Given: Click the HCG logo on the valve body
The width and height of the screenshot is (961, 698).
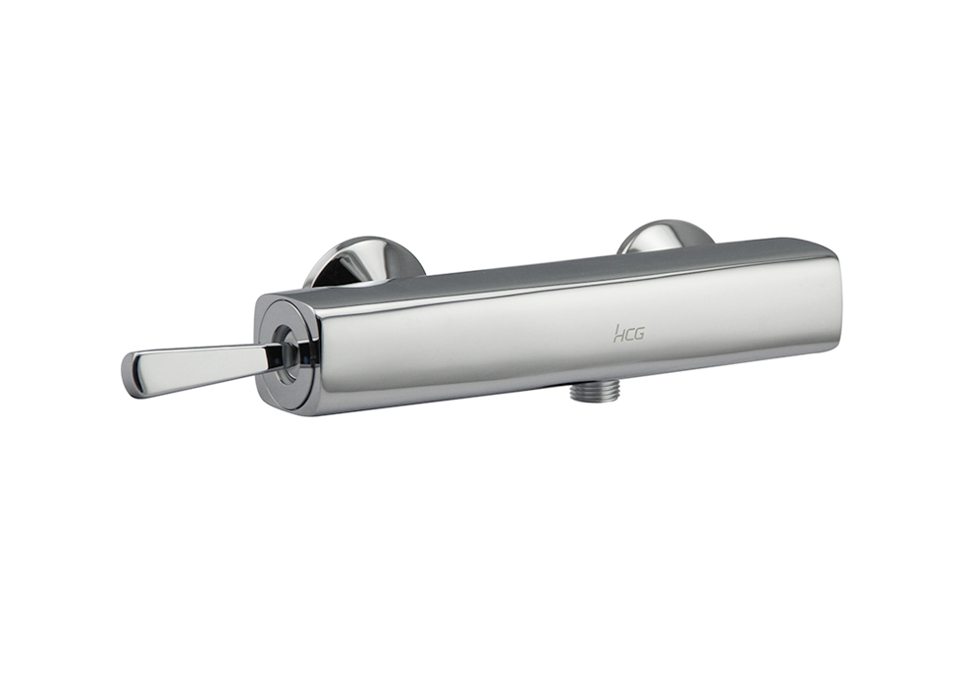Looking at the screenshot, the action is click(x=629, y=334).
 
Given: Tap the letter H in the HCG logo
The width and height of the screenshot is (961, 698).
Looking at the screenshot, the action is click(x=617, y=334).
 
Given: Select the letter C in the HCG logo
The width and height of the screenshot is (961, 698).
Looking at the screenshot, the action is click(x=628, y=335).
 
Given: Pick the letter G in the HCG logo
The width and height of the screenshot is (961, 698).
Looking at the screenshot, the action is click(x=639, y=335).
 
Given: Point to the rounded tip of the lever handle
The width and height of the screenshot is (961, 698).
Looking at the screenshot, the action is click(x=130, y=375).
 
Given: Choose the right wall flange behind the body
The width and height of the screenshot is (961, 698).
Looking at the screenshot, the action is click(x=666, y=236).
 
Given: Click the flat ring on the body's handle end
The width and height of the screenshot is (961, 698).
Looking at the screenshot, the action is click(x=287, y=355).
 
